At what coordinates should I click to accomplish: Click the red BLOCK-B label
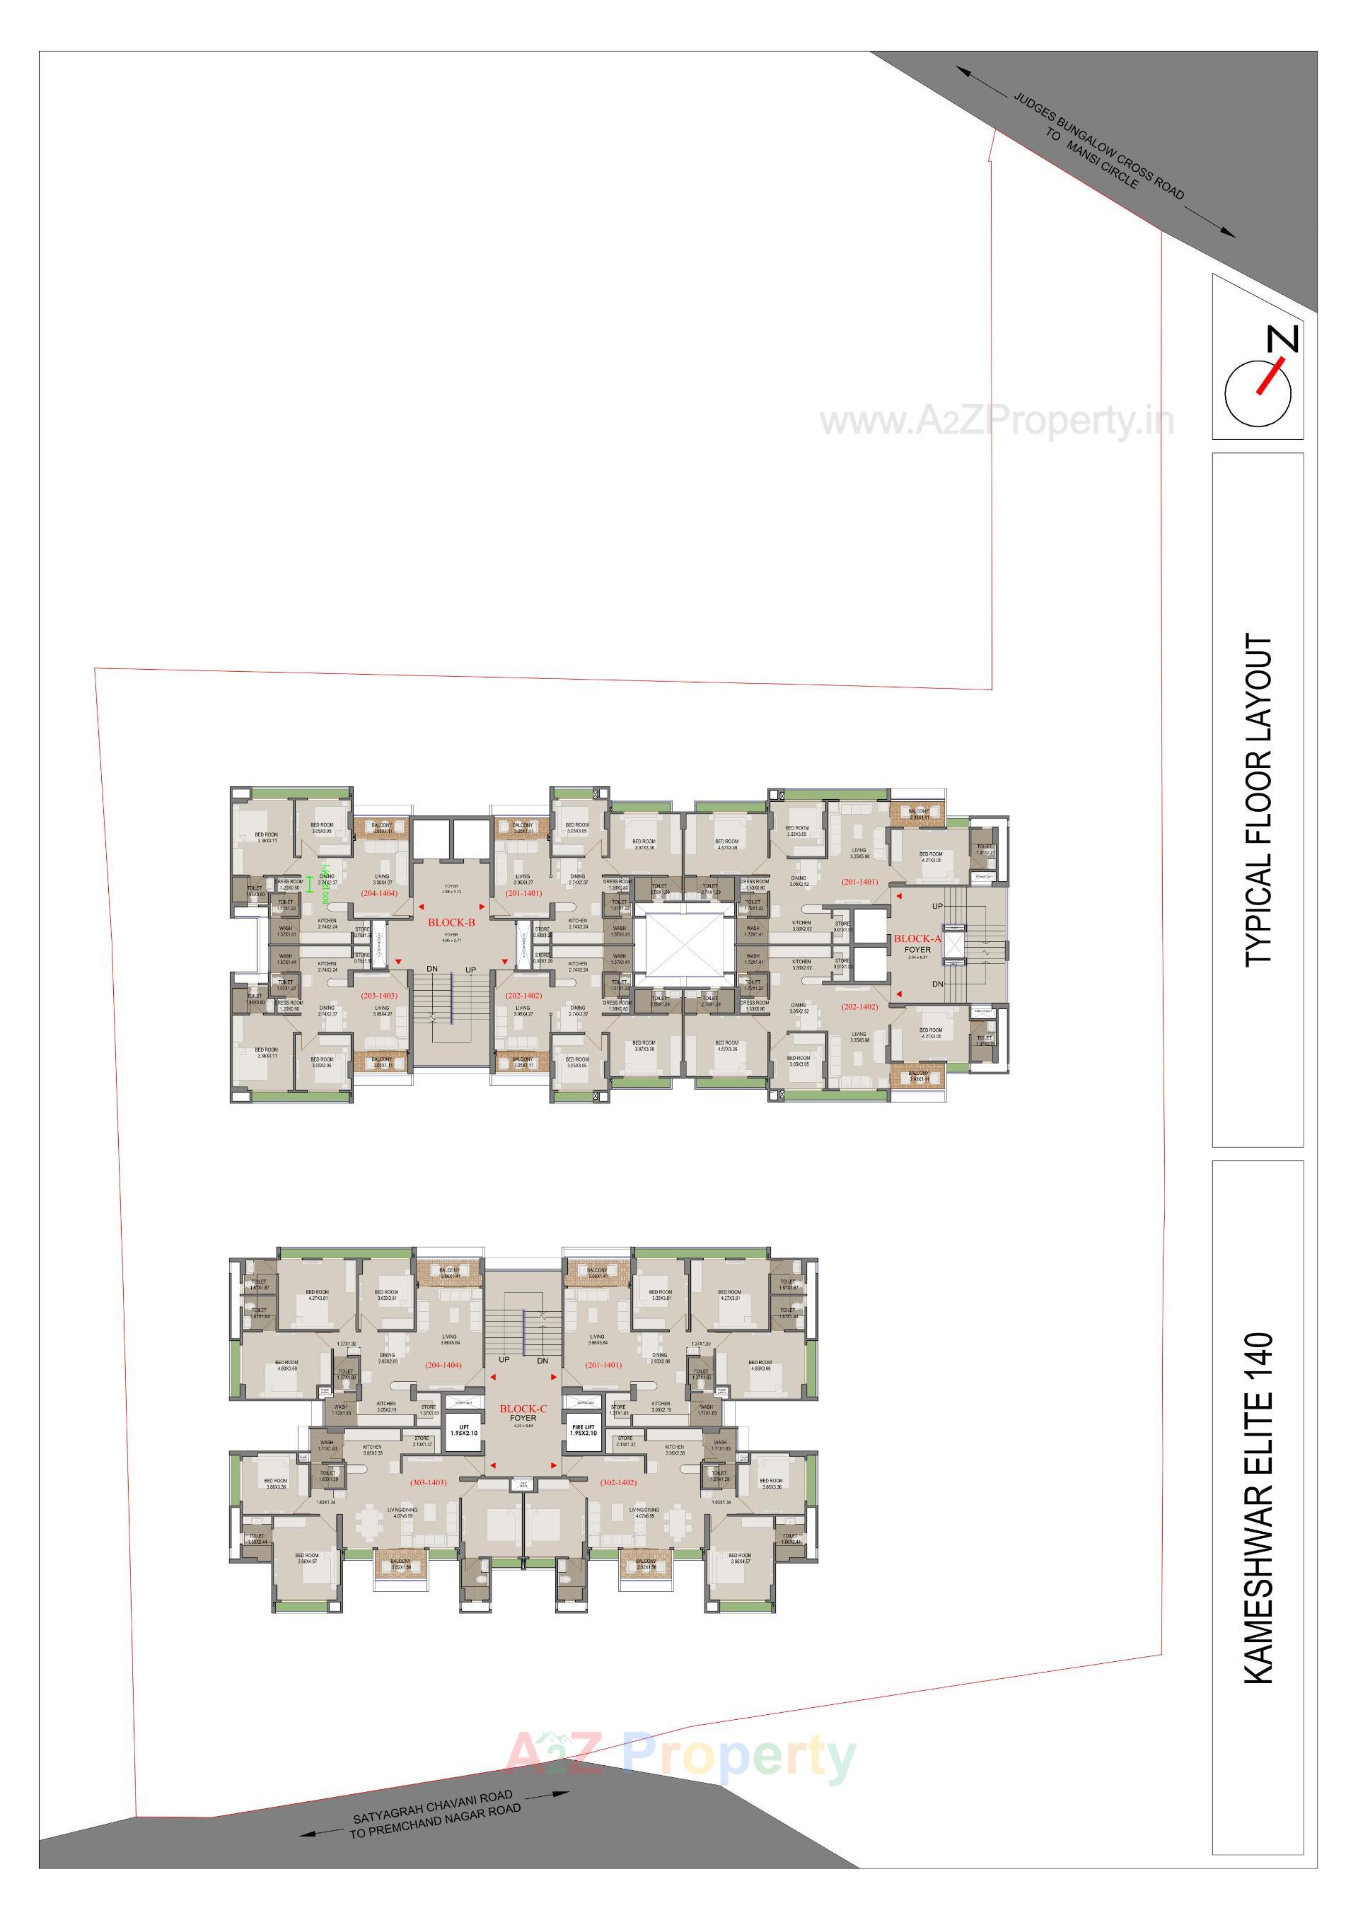pos(451,922)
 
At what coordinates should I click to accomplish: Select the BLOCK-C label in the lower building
pos(523,1408)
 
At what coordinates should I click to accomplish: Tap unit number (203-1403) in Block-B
pos(379,996)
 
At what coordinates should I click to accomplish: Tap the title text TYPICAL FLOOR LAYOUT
pos(1258,801)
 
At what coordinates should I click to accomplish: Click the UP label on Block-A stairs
pos(937,907)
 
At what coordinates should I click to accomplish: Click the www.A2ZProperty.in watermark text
pos(997,421)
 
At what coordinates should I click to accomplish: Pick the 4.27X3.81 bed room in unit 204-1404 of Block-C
pos(317,1296)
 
